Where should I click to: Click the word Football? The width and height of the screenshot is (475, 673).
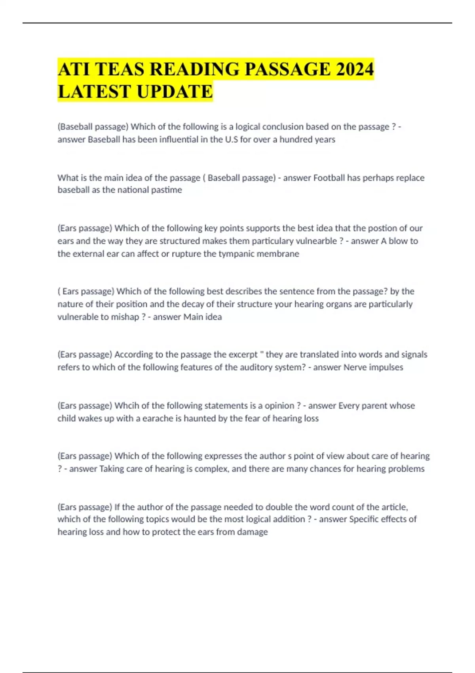(x=329, y=178)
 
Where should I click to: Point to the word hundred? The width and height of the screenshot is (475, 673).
(x=296, y=139)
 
